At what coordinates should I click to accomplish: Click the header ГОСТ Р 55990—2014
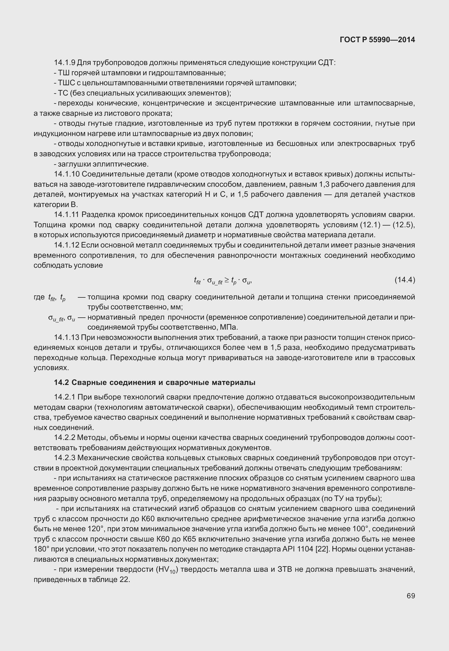coord(377,40)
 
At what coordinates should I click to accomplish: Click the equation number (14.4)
coord(405,280)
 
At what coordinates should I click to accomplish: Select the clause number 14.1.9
coord(65,62)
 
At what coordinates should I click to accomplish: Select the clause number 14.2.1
coord(65,397)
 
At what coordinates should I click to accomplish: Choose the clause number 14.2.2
coord(65,438)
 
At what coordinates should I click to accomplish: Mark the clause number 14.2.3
coord(65,458)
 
